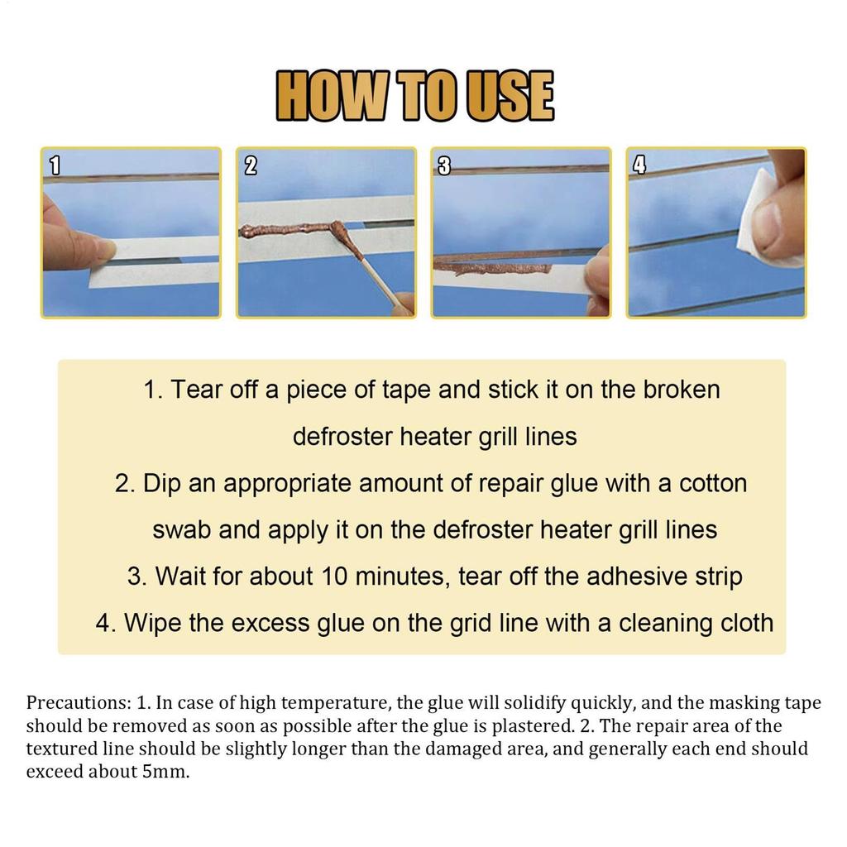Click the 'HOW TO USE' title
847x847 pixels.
coord(414,96)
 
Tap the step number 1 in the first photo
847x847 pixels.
coord(55,165)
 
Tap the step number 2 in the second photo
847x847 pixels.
coord(251,165)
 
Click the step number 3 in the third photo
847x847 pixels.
coord(443,165)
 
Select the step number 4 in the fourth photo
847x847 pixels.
coord(639,165)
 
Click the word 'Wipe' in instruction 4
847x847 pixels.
coord(153,622)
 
